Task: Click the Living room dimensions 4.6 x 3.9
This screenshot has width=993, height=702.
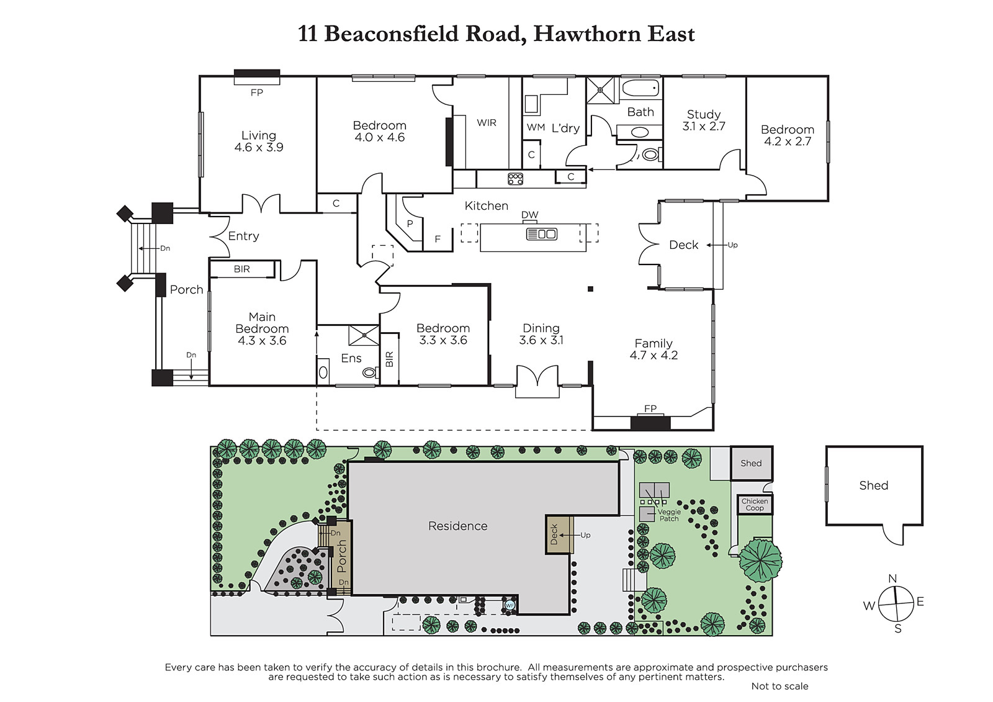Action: click(259, 147)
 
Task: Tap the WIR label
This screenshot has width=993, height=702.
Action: click(487, 123)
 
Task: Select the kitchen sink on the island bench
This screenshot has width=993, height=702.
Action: click(541, 234)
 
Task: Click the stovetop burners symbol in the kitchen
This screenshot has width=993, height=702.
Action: click(515, 179)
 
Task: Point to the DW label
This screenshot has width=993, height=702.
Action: click(530, 215)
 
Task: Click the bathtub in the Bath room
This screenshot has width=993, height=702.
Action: click(640, 88)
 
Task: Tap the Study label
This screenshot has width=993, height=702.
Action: click(704, 115)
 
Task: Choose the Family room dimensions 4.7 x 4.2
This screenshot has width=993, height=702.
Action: click(654, 355)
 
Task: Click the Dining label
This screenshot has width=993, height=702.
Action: click(541, 328)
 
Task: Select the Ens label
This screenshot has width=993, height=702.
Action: click(351, 358)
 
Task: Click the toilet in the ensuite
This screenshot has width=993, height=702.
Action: click(369, 372)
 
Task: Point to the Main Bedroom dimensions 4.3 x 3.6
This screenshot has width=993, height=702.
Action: click(262, 341)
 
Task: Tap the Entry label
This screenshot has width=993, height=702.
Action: click(243, 236)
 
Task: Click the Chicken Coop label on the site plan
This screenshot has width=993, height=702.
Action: click(755, 505)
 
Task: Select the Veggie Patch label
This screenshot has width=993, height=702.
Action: click(669, 515)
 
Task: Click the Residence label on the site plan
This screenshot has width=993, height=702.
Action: click(457, 526)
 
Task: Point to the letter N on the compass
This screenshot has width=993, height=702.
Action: click(892, 578)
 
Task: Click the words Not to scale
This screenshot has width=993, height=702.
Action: click(780, 686)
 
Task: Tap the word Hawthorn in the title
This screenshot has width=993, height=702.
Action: click(587, 34)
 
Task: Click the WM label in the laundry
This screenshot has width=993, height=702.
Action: click(536, 127)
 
